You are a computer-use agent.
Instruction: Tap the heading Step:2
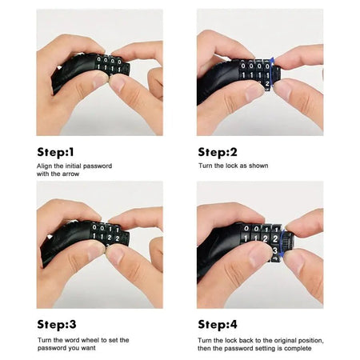pyautogui.click(x=218, y=151)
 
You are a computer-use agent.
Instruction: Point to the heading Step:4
pyautogui.click(x=218, y=324)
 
